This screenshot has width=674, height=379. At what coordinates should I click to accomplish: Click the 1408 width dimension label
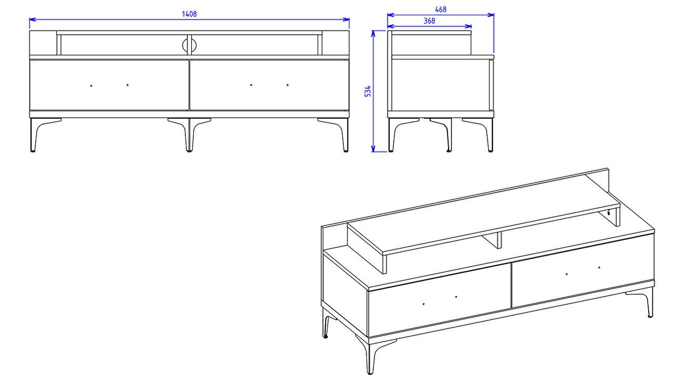[189, 14]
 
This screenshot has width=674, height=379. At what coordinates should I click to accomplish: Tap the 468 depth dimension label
[441, 9]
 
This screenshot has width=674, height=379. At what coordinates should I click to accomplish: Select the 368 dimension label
[429, 21]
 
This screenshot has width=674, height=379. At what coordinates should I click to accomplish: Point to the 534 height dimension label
[368, 91]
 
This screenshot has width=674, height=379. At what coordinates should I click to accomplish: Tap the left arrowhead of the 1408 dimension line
[33, 20]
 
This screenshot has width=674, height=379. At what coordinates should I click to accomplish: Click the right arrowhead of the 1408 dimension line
[346, 20]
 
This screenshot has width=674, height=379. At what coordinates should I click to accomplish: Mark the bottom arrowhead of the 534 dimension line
[373, 149]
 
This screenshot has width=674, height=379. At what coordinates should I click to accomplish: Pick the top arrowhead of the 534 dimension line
[373, 34]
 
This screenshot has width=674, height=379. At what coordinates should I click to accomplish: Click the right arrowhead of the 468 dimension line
[490, 15]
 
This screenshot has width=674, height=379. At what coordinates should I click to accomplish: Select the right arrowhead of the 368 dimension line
[468, 26]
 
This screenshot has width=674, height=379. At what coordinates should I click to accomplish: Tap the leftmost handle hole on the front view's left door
[91, 85]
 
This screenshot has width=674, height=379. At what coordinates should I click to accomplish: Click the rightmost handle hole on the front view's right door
[288, 85]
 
